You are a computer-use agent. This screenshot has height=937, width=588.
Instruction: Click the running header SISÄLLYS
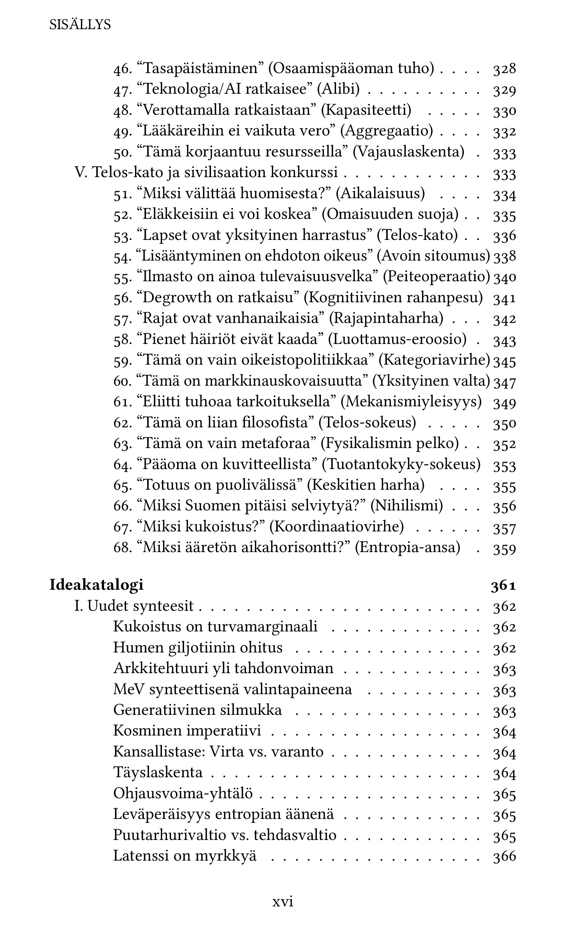point(80,25)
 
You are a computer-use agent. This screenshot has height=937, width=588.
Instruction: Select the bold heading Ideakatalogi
point(96,585)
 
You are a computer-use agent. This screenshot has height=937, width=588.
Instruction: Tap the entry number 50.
point(122,152)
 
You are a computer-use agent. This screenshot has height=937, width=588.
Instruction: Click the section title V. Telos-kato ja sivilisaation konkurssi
point(206,172)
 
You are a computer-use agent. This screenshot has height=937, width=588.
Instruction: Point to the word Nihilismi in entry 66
point(407,506)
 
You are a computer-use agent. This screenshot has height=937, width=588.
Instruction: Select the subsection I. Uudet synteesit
point(134,606)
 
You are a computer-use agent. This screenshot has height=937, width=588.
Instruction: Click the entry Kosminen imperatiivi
point(187,731)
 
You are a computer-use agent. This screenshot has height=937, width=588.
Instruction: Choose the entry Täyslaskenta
point(158,772)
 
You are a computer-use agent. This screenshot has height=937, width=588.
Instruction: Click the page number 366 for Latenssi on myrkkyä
point(504,856)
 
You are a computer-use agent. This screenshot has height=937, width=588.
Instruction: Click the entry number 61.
point(122,402)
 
